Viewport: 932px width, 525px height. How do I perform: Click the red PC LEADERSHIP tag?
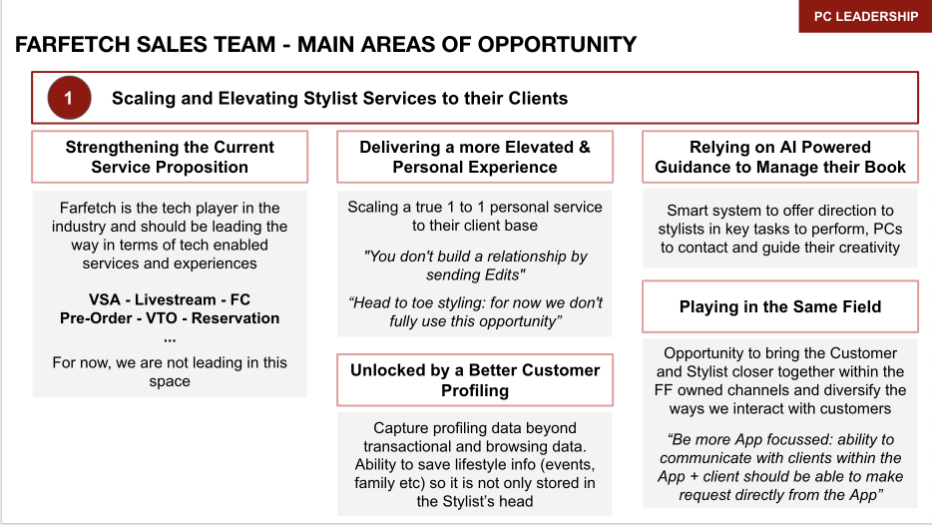(x=865, y=16)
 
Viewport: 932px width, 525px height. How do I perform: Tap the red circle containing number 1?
(x=69, y=98)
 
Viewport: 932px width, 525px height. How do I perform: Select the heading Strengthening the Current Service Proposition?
(x=170, y=157)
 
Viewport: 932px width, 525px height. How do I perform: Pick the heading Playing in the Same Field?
(x=780, y=306)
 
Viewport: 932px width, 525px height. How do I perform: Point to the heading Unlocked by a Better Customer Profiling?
(x=475, y=380)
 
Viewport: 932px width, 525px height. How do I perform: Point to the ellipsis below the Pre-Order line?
(x=169, y=337)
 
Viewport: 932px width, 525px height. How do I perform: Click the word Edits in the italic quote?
(x=502, y=274)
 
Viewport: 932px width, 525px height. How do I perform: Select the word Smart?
(x=691, y=211)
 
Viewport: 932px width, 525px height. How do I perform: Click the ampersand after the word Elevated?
(x=581, y=147)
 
